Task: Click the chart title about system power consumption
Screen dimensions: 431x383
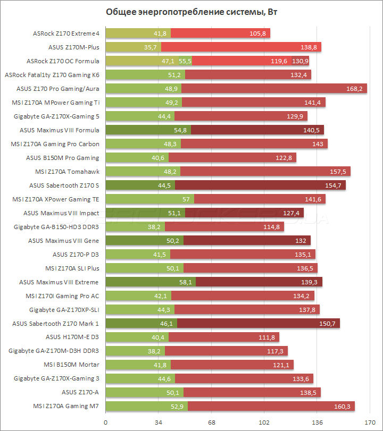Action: tap(191, 13)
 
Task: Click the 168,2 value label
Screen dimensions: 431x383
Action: tap(354, 88)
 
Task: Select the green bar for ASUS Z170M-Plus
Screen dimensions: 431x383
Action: tap(133, 47)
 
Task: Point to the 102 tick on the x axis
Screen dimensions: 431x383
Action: tap(264, 422)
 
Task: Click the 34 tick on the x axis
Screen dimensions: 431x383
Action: tap(158, 422)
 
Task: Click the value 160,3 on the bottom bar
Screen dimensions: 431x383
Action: tap(342, 406)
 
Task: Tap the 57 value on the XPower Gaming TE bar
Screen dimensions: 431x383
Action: tap(186, 199)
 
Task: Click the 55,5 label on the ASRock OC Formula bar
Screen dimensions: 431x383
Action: tap(185, 61)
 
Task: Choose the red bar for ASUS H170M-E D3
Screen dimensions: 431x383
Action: tap(223, 337)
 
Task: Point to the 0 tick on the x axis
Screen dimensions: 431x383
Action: tap(106, 422)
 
